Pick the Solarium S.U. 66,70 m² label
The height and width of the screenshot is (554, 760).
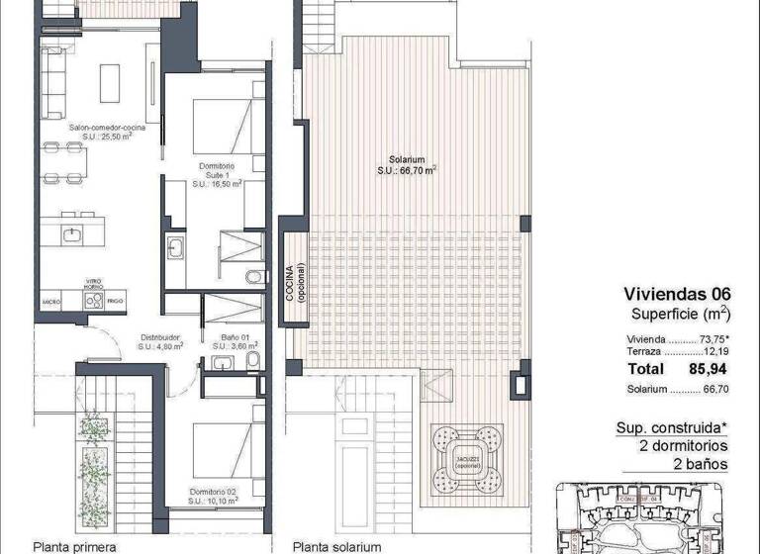coord(407,164)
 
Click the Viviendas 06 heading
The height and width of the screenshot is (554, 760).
coord(677,293)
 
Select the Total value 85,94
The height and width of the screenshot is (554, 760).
coord(710,368)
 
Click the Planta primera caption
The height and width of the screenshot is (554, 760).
coord(75,545)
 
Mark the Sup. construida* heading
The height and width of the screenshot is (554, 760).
coord(672,428)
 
